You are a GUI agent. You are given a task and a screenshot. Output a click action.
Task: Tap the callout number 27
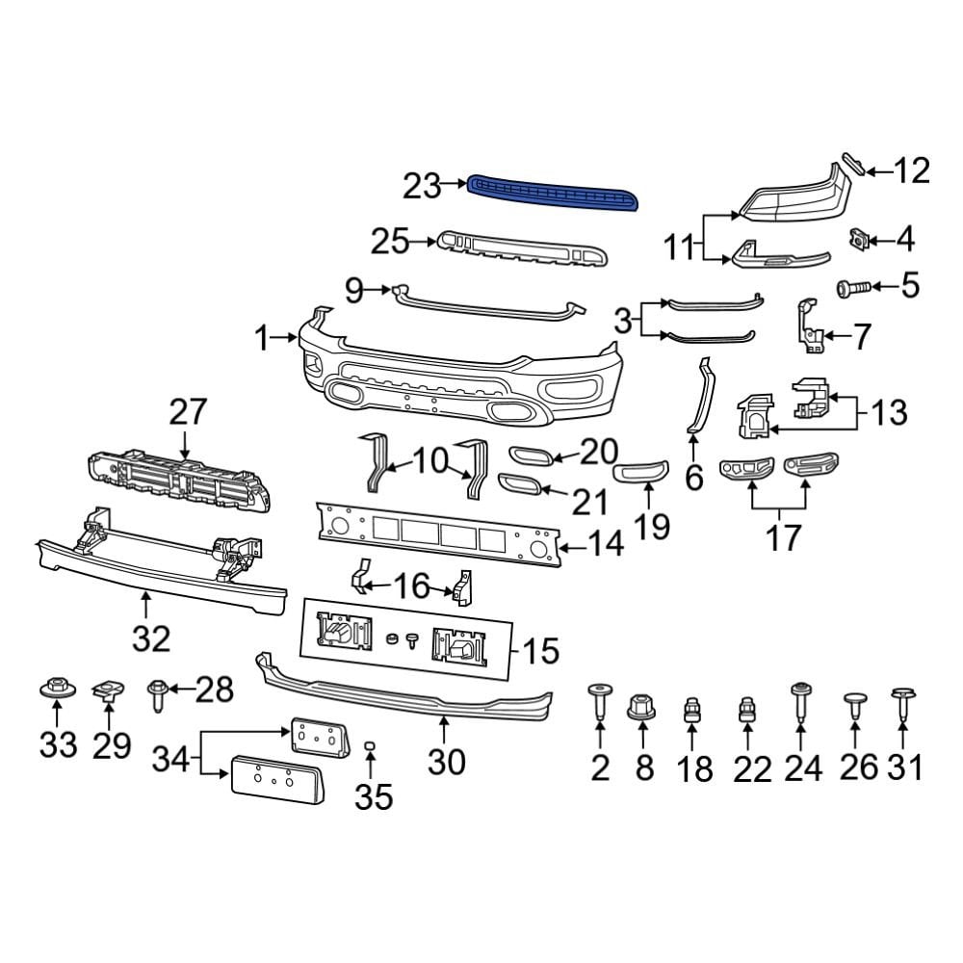pos(188,412)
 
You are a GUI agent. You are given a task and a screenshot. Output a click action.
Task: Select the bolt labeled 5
pos(853,286)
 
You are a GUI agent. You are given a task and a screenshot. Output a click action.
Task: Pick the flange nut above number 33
pos(55,690)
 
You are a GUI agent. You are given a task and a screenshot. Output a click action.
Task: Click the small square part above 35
pos(370,745)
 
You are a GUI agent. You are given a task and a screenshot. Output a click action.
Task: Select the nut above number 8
pos(642,708)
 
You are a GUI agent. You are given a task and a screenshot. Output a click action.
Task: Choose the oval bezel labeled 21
pos(519,483)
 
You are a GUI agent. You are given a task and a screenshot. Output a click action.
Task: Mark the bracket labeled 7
pos(807,327)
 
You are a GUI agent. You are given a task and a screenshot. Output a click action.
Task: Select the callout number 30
pos(446,761)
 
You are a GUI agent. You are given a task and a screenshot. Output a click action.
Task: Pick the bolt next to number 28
pos(157,693)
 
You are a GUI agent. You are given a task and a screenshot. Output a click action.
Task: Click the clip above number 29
pos(107,688)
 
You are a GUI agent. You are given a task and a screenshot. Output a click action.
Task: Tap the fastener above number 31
pos(902,703)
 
